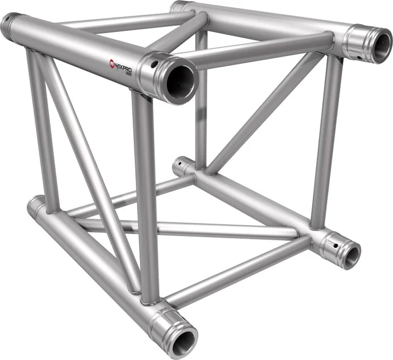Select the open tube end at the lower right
click(351, 255)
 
